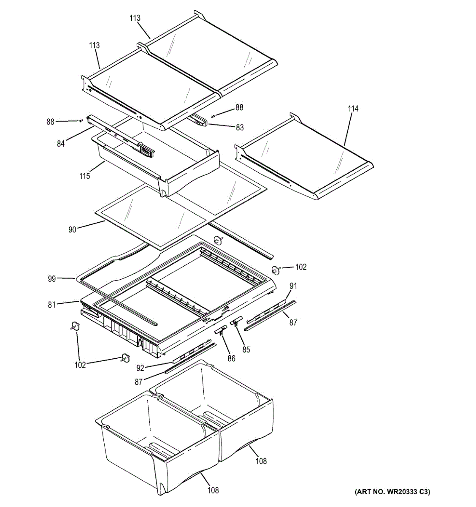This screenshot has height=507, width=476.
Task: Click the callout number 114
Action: point(353,109)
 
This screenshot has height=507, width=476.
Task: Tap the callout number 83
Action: point(240,127)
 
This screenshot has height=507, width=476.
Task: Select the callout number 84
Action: point(61,144)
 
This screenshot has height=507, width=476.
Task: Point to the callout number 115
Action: point(85,176)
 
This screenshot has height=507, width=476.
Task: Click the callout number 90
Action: point(72,230)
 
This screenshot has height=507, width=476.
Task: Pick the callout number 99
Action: point(51,278)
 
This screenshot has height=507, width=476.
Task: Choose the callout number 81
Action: point(51,304)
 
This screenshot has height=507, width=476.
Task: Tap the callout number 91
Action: point(293,286)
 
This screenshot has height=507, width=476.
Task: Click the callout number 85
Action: point(246,349)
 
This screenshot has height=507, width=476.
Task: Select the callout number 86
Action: point(231,359)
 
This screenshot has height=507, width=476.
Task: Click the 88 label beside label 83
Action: point(239,108)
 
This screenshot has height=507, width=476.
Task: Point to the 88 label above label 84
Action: point(50,122)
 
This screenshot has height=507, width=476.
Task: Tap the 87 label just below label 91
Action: point(293,322)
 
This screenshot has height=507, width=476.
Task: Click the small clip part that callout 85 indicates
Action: point(235,322)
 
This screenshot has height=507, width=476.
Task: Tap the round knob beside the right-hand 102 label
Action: point(276,270)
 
